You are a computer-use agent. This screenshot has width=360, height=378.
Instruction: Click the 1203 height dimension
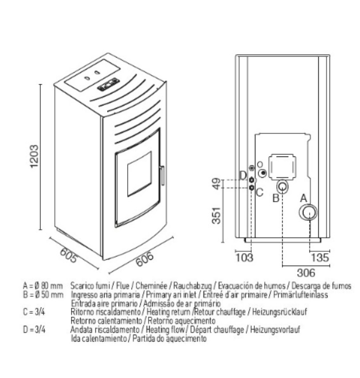[x=34, y=156]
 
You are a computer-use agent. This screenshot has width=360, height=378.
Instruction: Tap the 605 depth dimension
[x=69, y=255]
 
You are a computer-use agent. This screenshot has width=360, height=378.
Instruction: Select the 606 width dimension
[x=145, y=259]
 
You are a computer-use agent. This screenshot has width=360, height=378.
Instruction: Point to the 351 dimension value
[x=217, y=215]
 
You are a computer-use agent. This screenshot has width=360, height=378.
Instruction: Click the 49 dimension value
[x=217, y=184]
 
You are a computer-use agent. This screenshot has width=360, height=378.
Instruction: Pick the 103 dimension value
[x=244, y=257]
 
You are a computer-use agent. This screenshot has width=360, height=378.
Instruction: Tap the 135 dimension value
[x=320, y=257]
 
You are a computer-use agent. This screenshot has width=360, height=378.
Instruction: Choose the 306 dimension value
[x=306, y=273]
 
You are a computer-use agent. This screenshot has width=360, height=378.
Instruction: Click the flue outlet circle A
[x=308, y=212]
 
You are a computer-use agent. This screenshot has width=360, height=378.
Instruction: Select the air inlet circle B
[x=282, y=186]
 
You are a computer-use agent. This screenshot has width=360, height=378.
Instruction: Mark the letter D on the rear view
[x=244, y=176]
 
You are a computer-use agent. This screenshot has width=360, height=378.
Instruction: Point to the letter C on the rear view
[x=260, y=193]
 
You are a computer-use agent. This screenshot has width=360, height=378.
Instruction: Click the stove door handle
[x=162, y=175]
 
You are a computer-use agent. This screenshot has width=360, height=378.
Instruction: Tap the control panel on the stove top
[x=108, y=84]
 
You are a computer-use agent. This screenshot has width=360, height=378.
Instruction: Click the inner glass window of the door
[x=139, y=174]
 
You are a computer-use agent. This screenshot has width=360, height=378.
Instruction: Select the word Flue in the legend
[x=123, y=286]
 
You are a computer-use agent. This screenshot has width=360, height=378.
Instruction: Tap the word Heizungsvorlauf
[x=275, y=329]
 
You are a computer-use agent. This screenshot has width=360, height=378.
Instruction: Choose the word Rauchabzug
[x=193, y=286]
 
